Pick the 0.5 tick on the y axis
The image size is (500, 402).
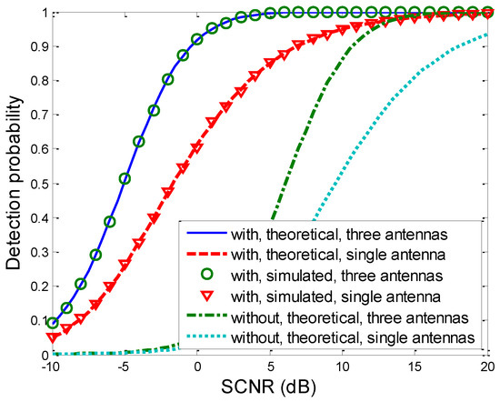34,185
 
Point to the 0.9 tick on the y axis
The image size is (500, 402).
34,47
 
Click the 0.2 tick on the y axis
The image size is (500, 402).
34,286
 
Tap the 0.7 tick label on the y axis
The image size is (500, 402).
34,116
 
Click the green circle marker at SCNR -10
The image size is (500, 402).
52,323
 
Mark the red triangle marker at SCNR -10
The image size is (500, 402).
52,337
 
